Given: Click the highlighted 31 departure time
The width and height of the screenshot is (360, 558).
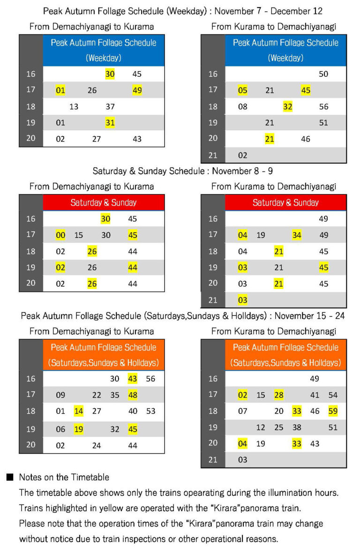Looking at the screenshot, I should pyautogui.click(x=110, y=123).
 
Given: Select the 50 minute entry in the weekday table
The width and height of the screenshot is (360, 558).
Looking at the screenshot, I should pyautogui.click(x=323, y=74).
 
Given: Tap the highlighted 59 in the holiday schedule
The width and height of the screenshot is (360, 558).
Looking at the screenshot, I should pyautogui.click(x=333, y=411).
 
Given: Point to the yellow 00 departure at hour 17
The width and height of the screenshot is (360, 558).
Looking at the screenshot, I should pyautogui.click(x=60, y=235).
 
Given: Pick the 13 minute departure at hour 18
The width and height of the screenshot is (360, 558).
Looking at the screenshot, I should pyautogui.click(x=74, y=106).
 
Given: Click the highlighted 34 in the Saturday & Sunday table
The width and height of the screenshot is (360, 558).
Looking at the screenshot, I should pyautogui.click(x=297, y=235).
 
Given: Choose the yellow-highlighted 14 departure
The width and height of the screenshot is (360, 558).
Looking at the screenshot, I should pyautogui.click(x=78, y=411).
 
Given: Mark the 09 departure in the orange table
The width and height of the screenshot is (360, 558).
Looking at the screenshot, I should pyautogui.click(x=60, y=395).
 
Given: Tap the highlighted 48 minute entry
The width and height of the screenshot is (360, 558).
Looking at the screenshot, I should pyautogui.click(x=133, y=395).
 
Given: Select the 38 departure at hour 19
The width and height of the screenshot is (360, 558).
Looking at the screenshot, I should pyautogui.click(x=297, y=427).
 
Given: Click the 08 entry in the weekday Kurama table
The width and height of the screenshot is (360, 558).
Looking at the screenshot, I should pyautogui.click(x=242, y=106).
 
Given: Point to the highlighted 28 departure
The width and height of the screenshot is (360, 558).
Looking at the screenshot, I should pyautogui.click(x=279, y=395).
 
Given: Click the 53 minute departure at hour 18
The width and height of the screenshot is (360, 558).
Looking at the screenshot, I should pyautogui.click(x=150, y=411).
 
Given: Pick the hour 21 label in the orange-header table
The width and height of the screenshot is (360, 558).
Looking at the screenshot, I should pyautogui.click(x=213, y=460).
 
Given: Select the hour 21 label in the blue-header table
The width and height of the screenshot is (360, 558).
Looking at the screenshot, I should pyautogui.click(x=213, y=155).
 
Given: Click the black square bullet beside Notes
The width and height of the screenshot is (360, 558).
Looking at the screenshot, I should pyautogui.click(x=9, y=477).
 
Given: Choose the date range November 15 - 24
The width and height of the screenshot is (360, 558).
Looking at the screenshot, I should pyautogui.click(x=310, y=316).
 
